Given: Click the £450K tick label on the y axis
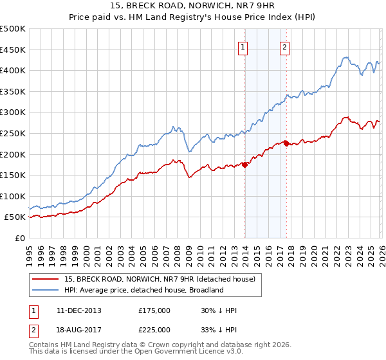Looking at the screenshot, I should pos(13,50).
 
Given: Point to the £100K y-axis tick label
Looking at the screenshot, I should pos(13,196).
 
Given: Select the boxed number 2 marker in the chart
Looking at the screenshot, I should pos(284,46).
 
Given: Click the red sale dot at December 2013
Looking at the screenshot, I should pos(244,165).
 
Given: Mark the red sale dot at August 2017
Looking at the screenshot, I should pos(286,143).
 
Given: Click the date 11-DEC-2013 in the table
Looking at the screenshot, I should pos(79,310).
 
